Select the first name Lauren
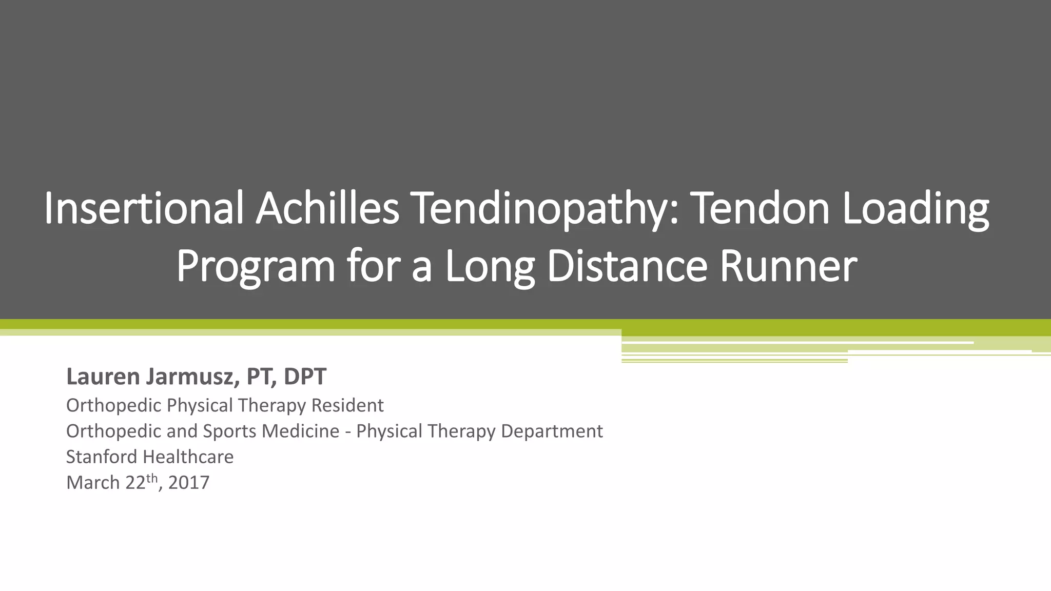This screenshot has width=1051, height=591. pyautogui.click(x=103, y=377)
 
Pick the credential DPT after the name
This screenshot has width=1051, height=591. pyautogui.click(x=305, y=377)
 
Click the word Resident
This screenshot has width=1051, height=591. pyautogui.click(x=347, y=406)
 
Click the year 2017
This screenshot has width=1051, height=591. pyautogui.click(x=189, y=483)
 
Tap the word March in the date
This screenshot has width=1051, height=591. pyautogui.click(x=93, y=483)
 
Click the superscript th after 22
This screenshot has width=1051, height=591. pyautogui.click(x=152, y=478)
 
